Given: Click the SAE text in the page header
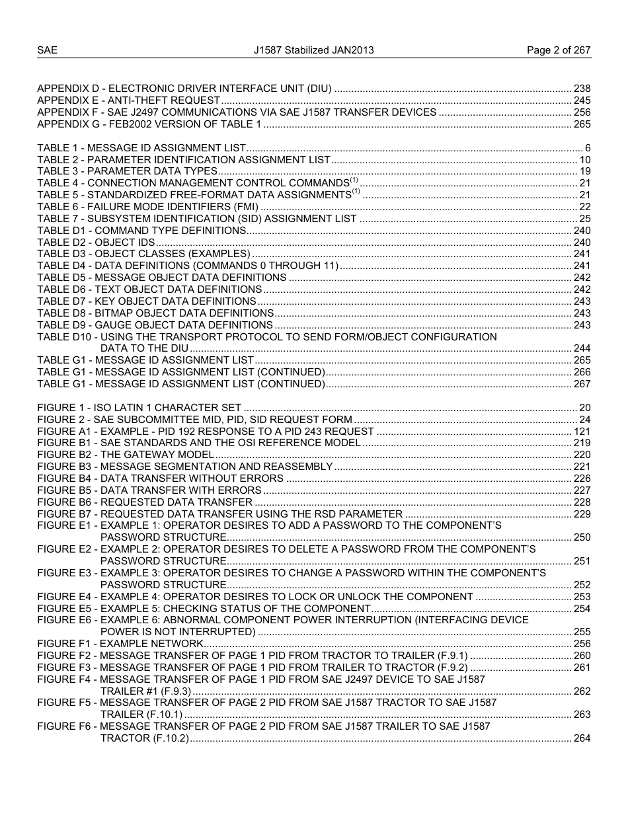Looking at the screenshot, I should [47, 50].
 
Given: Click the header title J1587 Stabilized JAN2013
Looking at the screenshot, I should [314, 50].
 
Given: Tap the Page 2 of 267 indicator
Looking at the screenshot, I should [558, 50].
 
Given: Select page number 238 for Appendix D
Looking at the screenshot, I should [582, 89].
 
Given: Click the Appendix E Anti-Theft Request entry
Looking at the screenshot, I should [128, 100].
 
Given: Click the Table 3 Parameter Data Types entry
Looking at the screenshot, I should [127, 172].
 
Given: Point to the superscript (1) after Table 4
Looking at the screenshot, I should [354, 180].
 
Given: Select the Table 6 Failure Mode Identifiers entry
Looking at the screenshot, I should [147, 207].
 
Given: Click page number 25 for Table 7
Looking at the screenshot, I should [584, 219].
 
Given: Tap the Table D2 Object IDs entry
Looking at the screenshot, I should [96, 243].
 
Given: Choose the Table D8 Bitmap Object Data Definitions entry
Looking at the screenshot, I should [155, 313].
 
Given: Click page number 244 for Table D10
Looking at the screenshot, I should [582, 348].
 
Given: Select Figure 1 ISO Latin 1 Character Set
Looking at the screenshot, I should [139, 408].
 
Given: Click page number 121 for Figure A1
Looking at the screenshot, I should [582, 432].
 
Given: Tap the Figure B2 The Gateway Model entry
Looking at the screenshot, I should [125, 455].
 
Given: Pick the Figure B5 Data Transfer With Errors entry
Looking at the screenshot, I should [149, 490].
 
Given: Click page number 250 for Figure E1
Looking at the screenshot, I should [582, 537].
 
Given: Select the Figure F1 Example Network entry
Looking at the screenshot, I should [120, 644].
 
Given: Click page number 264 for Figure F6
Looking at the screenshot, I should [582, 738].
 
